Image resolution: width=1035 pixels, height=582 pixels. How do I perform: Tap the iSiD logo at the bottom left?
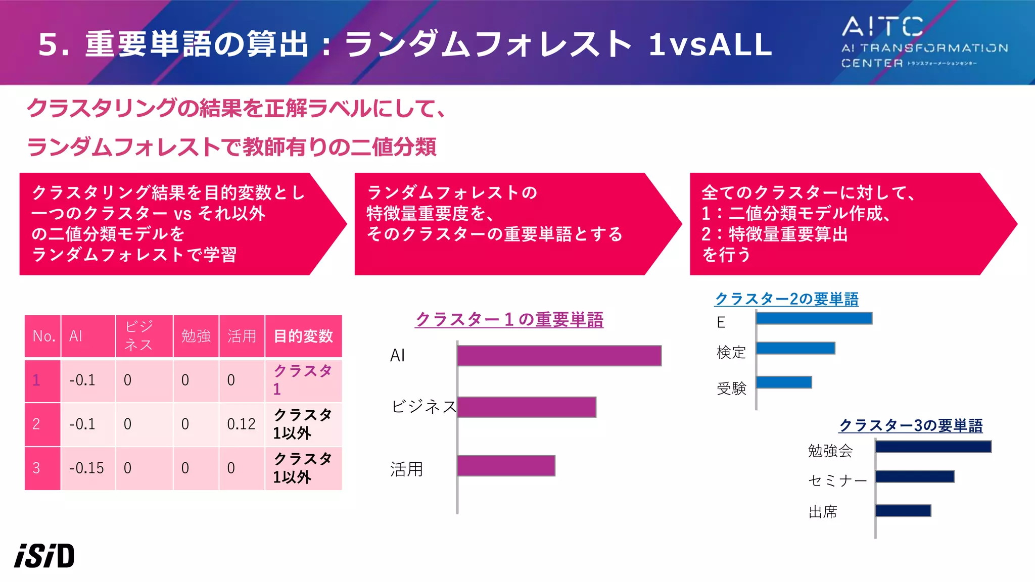pyautogui.click(x=44, y=556)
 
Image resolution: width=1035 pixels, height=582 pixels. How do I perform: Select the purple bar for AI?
pyautogui.click(x=559, y=356)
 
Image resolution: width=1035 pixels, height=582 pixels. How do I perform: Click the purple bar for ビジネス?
pyautogui.click(x=527, y=407)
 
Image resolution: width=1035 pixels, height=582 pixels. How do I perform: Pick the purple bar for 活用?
pyautogui.click(x=506, y=466)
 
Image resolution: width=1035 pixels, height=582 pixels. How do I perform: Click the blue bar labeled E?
pyautogui.click(x=814, y=318)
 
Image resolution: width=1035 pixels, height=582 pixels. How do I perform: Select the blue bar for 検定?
pyautogui.click(x=795, y=348)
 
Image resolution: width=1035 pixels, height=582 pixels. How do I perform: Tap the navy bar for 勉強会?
pyautogui.click(x=933, y=447)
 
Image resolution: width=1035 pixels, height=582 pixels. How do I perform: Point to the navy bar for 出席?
pyautogui.click(x=903, y=511)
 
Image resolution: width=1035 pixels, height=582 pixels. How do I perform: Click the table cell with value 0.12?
pyautogui.click(x=242, y=424)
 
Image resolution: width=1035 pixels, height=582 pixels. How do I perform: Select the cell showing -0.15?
pyautogui.click(x=87, y=468)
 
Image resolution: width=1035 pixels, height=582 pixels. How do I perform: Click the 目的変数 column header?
pyautogui.click(x=303, y=336)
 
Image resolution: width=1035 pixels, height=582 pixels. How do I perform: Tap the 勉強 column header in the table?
pyautogui.click(x=196, y=336)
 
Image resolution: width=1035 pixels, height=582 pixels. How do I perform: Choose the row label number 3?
pyautogui.click(x=36, y=468)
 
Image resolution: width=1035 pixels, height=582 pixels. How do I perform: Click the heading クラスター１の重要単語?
pyautogui.click(x=509, y=320)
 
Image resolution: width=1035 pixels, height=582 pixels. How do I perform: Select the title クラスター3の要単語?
pyautogui.click(x=911, y=425)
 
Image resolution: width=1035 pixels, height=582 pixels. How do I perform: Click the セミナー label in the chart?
pyautogui.click(x=837, y=480)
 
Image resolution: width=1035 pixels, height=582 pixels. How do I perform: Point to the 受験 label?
pyautogui.click(x=731, y=388)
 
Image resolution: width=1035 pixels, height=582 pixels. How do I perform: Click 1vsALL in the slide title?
pyautogui.click(x=710, y=44)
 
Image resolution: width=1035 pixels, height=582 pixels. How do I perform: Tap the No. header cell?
pyautogui.click(x=43, y=336)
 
